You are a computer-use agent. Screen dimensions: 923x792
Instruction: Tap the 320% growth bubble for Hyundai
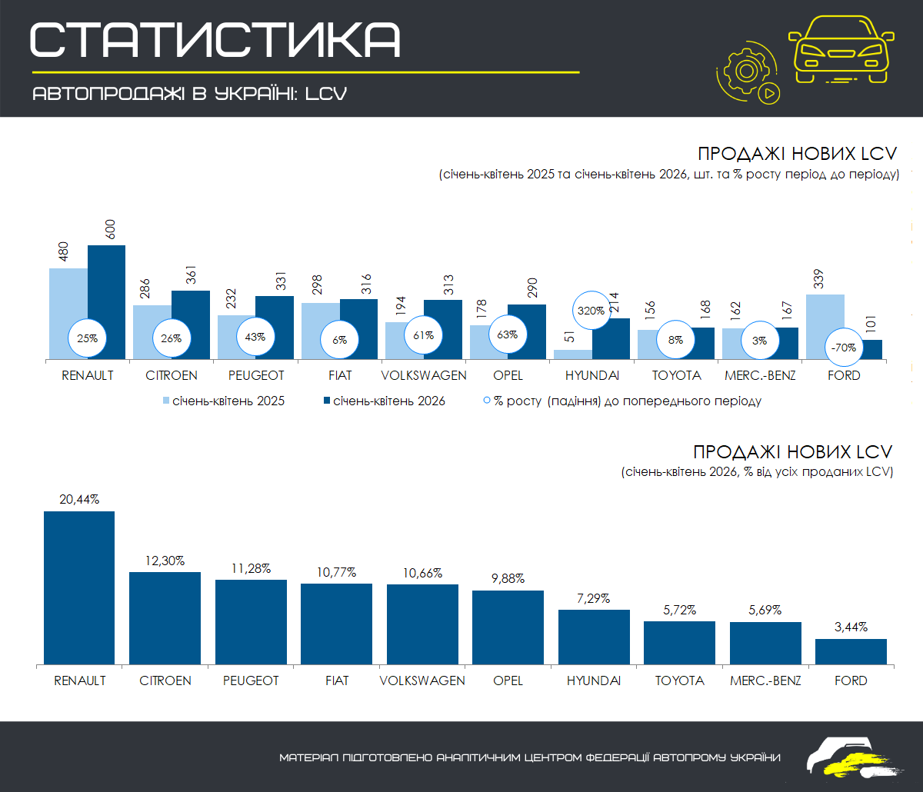[591, 311]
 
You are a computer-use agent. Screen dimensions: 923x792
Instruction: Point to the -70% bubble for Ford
[844, 348]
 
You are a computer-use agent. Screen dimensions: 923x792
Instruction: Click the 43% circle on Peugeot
[255, 337]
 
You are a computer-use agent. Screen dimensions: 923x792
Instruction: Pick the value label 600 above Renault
[110, 229]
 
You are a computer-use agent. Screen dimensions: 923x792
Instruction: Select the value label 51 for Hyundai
[569, 337]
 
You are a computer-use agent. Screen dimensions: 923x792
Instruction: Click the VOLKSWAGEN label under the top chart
[423, 375]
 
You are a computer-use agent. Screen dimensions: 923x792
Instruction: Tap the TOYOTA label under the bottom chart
[679, 681]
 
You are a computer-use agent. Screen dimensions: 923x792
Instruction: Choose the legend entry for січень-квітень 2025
[224, 401]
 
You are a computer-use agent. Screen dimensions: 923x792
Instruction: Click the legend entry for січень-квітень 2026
[385, 401]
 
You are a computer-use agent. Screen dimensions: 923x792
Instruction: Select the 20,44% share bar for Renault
[79, 588]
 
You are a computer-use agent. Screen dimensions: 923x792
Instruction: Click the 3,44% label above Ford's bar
[851, 627]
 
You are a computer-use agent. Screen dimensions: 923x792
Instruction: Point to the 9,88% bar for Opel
[508, 627]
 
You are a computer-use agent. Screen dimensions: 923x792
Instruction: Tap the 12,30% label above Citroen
[165, 561]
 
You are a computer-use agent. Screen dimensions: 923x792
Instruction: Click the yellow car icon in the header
[841, 49]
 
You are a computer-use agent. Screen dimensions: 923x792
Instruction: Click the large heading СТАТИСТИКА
[215, 40]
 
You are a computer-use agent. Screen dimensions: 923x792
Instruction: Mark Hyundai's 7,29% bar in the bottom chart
[594, 637]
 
